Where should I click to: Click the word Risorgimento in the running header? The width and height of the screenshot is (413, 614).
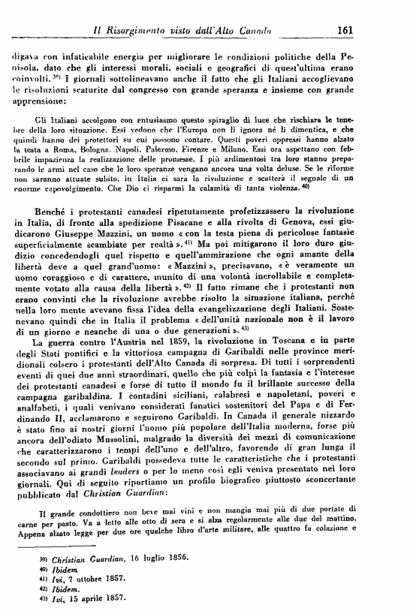(143, 31)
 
